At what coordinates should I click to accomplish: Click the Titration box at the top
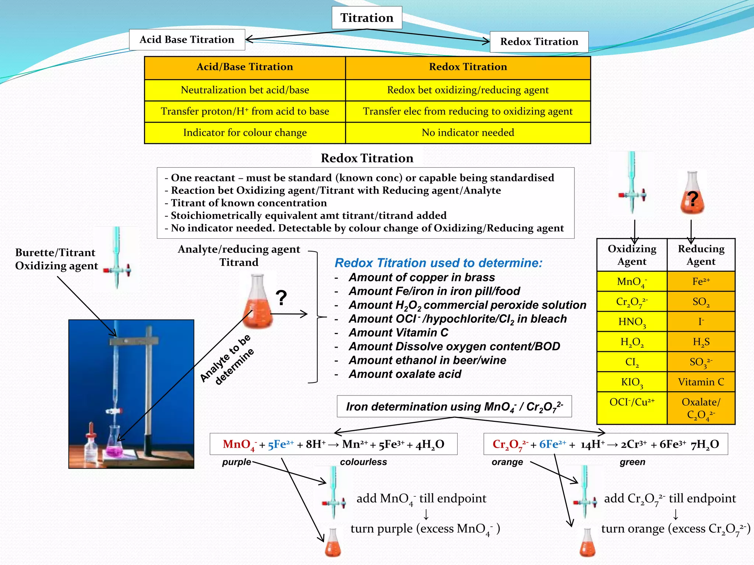point(367,18)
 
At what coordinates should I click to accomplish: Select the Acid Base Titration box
point(187,40)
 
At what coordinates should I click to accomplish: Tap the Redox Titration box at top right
point(539,42)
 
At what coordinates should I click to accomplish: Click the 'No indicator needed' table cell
point(468,132)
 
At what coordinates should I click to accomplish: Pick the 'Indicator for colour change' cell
point(245,132)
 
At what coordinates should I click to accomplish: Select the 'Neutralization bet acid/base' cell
point(245,90)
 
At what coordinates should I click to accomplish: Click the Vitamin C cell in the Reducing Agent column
point(701,382)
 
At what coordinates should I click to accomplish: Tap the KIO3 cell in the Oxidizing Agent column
point(632,382)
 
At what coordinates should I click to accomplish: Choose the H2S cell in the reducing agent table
point(701,342)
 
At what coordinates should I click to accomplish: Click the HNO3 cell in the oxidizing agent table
point(632,322)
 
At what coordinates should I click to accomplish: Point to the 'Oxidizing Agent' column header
point(632,255)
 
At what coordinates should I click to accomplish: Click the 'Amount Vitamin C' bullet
point(398,333)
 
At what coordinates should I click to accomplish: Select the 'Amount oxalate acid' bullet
point(405,374)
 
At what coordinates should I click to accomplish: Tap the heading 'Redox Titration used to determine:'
point(438,263)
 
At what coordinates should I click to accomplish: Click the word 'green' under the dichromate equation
point(632,462)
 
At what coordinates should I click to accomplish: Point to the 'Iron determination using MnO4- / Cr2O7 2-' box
point(454,406)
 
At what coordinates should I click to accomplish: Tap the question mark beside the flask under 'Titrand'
point(281,298)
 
